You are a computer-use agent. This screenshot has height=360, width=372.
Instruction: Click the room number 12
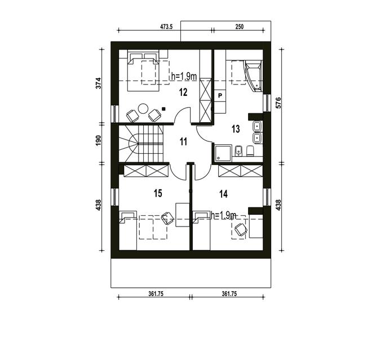tap(183, 92)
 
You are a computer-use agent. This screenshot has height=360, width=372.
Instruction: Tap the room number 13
tap(236, 129)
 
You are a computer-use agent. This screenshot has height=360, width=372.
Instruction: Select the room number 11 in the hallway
tap(183, 142)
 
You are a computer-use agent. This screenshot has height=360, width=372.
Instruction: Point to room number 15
tap(158, 193)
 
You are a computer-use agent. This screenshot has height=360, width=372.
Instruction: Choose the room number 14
tap(224, 194)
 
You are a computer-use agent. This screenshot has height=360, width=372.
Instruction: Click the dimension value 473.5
tap(166, 26)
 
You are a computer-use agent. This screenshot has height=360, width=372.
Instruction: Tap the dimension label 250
tap(240, 26)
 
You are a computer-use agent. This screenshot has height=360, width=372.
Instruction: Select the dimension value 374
tap(98, 83)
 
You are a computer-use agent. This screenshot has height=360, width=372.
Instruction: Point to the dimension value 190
tap(98, 141)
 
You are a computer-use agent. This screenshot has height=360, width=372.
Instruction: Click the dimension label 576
tap(278, 103)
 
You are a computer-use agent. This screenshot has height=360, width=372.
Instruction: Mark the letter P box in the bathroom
tap(220, 96)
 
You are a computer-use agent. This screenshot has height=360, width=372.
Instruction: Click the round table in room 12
tap(143, 109)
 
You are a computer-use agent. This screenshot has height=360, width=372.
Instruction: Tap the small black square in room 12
tap(163, 109)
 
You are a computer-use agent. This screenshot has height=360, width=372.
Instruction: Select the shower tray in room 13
tap(223, 153)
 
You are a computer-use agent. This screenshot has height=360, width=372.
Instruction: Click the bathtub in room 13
tap(254, 75)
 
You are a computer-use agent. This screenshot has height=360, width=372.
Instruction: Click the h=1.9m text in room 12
tap(184, 77)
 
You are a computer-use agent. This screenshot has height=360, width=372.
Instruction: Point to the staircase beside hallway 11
tap(141, 144)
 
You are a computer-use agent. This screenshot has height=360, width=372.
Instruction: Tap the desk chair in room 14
tap(241, 229)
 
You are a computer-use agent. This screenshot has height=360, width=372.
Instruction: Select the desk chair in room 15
tap(168, 218)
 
